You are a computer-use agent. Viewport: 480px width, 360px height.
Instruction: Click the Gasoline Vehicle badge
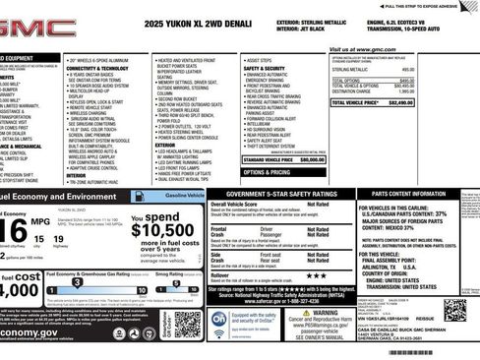click(x=184, y=197)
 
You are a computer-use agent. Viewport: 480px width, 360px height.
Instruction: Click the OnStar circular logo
click(x=219, y=321)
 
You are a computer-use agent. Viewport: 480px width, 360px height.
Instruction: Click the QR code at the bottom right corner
click(x=457, y=310)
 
